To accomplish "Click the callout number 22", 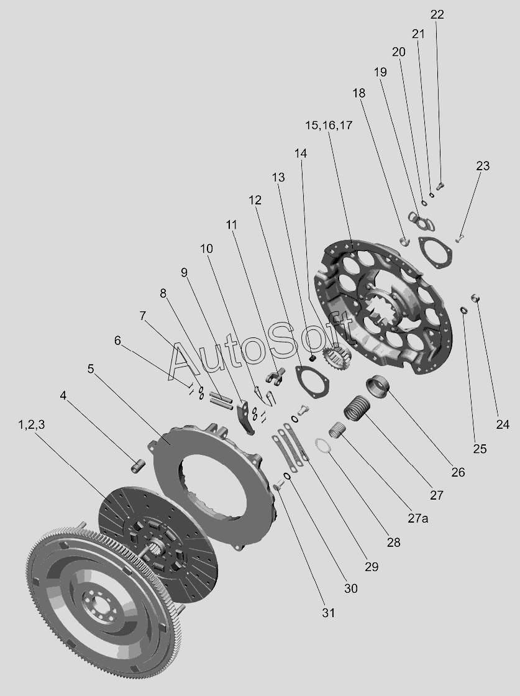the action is click(437, 14).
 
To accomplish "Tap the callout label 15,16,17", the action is click(329, 126).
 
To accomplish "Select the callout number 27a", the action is click(418, 518).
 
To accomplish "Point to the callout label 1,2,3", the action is click(31, 425).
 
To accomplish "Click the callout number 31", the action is click(328, 613).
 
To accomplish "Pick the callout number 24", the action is click(502, 425).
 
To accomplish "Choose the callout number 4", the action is click(63, 395).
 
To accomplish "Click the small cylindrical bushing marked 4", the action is click(137, 467).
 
